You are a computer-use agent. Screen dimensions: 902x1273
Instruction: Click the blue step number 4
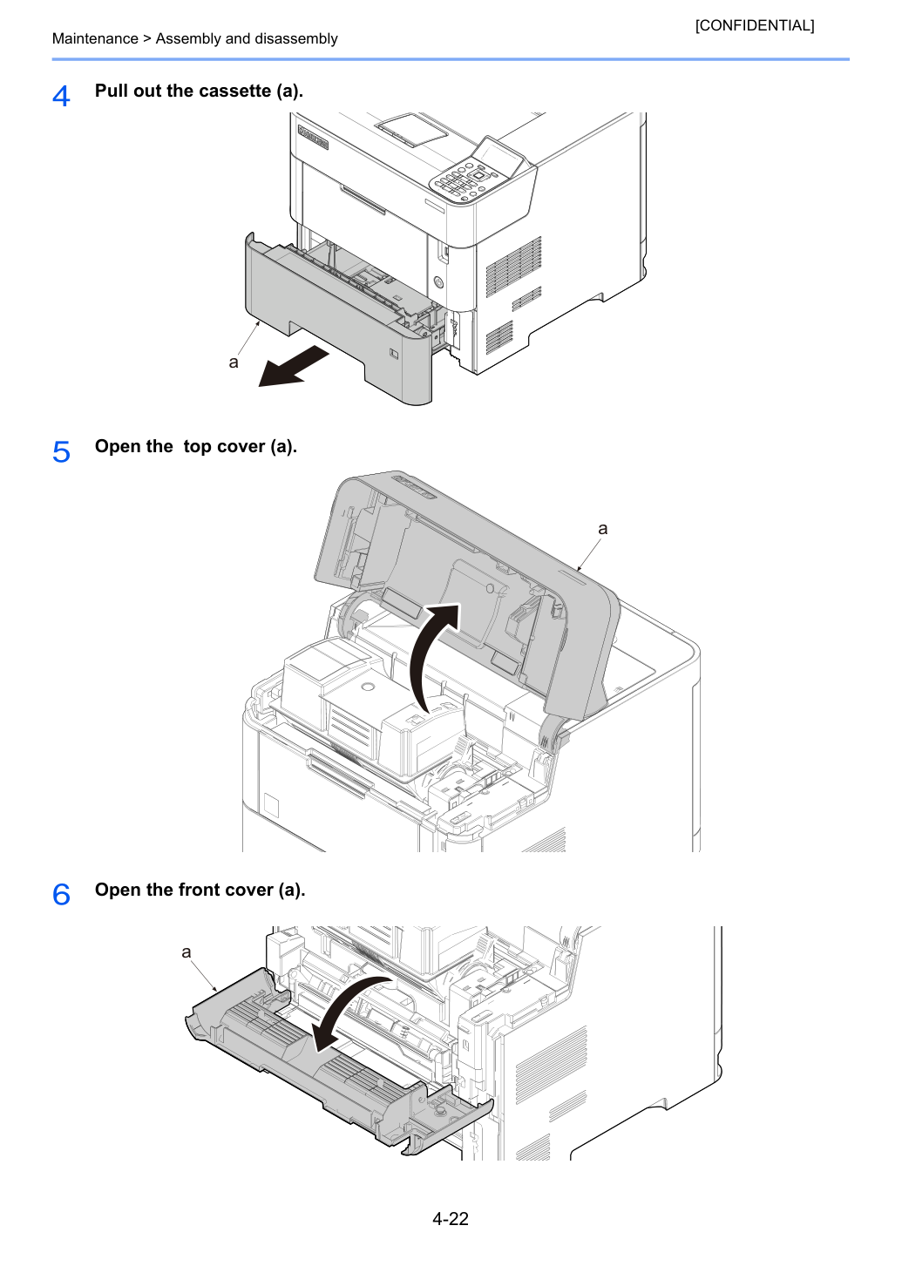(61, 96)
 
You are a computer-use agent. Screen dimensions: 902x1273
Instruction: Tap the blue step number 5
(61, 452)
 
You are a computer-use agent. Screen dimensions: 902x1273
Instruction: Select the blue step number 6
(61, 894)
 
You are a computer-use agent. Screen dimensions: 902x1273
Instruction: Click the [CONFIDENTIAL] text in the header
(754, 25)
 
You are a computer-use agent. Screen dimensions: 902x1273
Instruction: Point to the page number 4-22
(451, 1218)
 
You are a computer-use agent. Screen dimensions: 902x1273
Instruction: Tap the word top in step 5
(197, 447)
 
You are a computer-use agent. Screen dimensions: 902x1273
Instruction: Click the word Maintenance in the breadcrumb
(95, 38)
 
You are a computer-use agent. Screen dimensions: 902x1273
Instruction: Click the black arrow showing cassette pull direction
(294, 367)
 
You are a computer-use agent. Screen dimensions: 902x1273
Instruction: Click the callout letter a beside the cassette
(233, 362)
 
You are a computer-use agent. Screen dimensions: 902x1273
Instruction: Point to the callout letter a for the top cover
(602, 529)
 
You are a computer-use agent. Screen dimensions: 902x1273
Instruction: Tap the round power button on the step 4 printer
(438, 282)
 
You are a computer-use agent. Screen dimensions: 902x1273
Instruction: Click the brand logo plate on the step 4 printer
(313, 137)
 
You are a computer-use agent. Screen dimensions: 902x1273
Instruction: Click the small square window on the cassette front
(394, 354)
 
